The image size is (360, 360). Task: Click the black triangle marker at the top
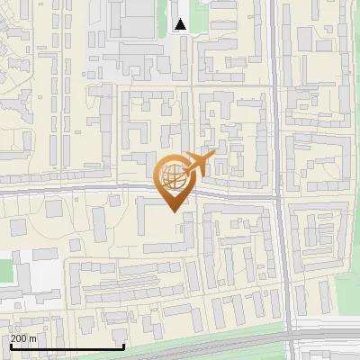181,24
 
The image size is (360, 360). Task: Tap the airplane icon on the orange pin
198,165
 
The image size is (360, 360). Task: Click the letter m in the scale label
33,338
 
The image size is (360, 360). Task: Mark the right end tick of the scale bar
123,346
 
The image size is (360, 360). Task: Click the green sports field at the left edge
6,269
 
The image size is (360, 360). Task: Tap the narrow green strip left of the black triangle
166,13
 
